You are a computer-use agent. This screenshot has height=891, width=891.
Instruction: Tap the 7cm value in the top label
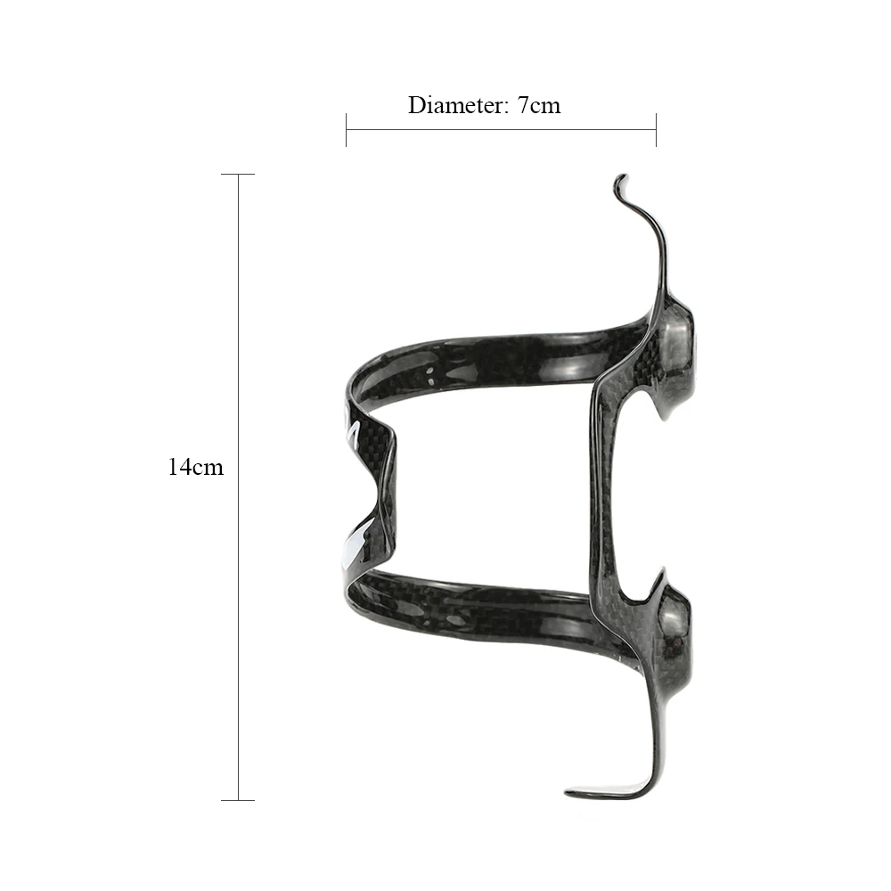click(538, 106)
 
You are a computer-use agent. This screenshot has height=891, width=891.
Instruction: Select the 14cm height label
click(195, 467)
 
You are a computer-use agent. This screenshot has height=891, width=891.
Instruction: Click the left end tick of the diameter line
click(346, 129)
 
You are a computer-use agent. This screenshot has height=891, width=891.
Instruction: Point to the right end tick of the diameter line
click(657, 129)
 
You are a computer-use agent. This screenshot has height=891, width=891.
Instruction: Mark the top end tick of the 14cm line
click(238, 174)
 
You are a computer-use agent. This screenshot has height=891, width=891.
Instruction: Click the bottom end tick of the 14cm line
click(238, 800)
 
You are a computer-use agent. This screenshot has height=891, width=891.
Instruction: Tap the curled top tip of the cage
click(620, 181)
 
